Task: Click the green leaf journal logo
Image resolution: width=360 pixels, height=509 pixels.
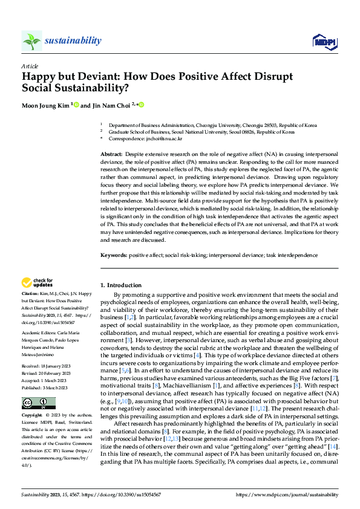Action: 31,41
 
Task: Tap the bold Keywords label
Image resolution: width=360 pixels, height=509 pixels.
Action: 114,256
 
